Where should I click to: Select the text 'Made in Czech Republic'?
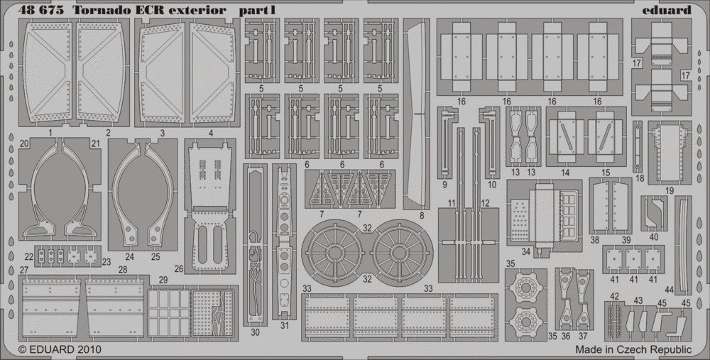click(634, 349)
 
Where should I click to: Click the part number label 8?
click(422, 214)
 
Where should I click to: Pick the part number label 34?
click(527, 251)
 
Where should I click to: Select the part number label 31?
click(284, 327)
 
